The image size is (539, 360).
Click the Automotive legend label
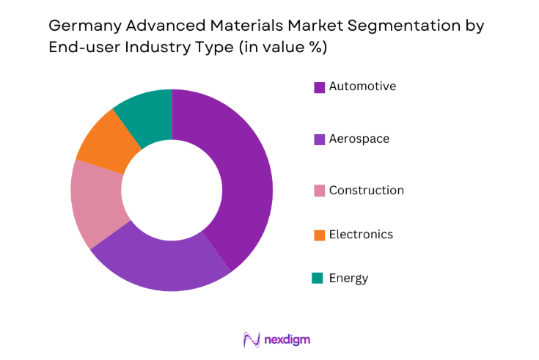coord(362,87)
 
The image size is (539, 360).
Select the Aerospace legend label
coord(359,139)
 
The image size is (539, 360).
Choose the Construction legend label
coord(366,191)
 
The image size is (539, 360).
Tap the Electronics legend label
coord(361,235)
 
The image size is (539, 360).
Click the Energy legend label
coord(348,279)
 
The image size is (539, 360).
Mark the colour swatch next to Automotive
coord(319,87)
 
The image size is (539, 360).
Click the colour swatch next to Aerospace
coord(319,139)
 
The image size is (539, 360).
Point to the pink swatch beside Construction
coord(319,191)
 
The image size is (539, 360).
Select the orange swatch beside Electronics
coord(319,235)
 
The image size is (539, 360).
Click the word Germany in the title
coord(81,26)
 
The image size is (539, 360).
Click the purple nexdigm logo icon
coord(252,339)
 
